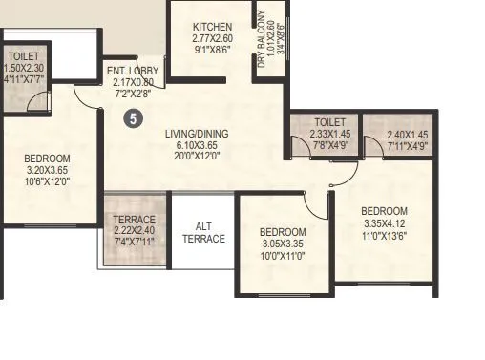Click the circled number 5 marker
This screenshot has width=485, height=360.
(135, 118)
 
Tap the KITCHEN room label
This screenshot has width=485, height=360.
(211, 26)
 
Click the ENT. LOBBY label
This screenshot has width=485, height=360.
(132, 70)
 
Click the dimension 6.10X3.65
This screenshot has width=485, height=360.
(197, 145)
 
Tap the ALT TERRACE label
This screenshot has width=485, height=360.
(203, 232)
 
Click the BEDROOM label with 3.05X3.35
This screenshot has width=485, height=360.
(283, 232)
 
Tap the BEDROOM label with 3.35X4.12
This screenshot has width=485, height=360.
(384, 211)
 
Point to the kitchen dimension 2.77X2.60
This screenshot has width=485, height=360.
(211, 38)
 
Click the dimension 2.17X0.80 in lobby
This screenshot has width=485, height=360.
(132, 82)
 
